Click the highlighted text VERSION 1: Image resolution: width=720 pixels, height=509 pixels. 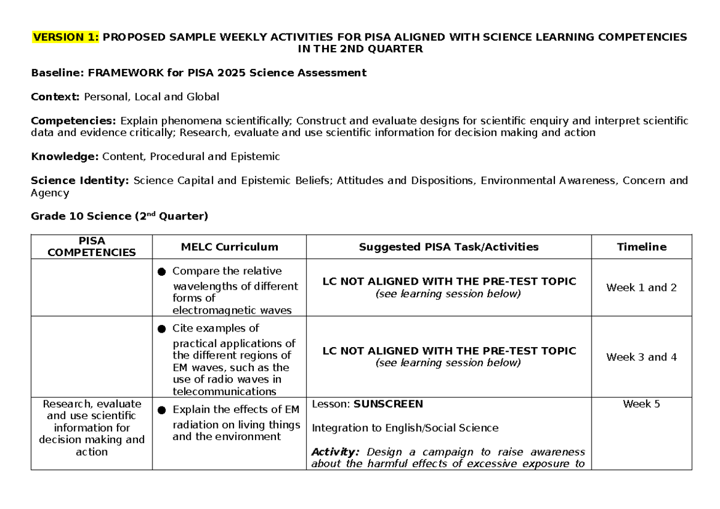66,37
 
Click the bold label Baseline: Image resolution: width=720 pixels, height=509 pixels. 58,73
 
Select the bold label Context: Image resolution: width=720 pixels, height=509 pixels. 56,97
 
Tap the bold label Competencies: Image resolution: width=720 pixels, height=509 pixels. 74,121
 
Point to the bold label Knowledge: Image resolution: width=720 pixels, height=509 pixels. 65,157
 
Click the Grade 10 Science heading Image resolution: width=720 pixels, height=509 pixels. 119,216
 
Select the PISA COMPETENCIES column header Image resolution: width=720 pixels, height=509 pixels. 91,246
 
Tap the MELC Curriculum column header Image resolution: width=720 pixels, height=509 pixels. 229,246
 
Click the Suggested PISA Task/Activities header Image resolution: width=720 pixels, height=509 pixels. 448,246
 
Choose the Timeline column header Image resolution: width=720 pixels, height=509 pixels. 641,246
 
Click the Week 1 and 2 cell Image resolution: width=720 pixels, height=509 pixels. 641,288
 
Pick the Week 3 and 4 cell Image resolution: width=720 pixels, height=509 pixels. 641,357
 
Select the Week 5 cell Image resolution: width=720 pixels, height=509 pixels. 641,404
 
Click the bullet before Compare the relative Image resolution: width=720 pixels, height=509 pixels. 161,272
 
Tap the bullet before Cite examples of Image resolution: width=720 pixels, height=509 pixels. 161,329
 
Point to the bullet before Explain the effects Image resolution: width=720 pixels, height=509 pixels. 161,411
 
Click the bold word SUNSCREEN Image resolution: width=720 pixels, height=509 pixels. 388,404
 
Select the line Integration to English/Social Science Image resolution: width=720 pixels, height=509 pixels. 405,428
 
